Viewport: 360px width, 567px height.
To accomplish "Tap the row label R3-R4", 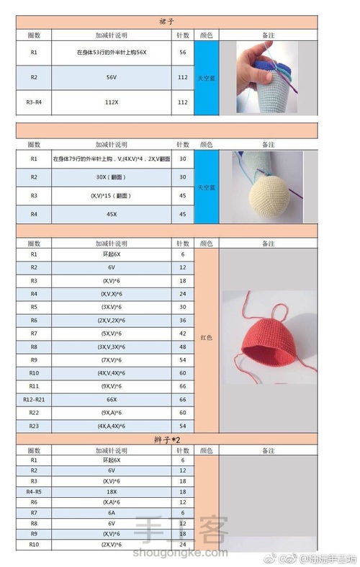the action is coord(34,102).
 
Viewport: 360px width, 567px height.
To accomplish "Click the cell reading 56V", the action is coord(111,76).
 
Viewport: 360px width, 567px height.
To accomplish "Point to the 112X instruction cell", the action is coord(111,102).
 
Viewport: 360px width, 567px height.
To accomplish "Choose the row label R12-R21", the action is coord(34,398).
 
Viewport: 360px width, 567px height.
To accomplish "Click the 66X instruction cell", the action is coord(111,398).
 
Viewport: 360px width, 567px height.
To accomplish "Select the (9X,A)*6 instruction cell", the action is coord(111,412).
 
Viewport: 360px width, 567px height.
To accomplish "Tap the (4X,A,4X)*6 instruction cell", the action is coord(111,426).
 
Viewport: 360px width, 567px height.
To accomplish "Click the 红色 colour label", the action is coord(205,336).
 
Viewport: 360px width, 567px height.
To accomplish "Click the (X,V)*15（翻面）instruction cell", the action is coord(111,195).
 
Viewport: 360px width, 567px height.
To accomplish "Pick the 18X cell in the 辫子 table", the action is coord(111,491).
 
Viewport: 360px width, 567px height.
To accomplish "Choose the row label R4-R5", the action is coord(34,491).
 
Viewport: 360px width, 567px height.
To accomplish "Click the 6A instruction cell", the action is coord(111,512).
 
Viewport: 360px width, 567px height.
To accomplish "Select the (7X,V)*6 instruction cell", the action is coord(111,359).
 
